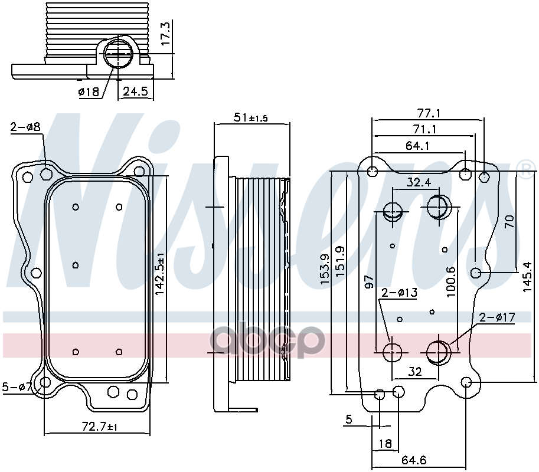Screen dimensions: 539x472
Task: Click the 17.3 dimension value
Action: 166,34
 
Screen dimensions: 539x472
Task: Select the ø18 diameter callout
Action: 89,91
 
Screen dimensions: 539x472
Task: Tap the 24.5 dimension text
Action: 135,91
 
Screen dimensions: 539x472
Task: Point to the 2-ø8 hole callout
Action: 25,127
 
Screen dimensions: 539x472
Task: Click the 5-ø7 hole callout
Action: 17,387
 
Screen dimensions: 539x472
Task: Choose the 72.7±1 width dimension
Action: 100,427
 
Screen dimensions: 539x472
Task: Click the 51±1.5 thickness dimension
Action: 250,118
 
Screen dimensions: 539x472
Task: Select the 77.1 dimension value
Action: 429,113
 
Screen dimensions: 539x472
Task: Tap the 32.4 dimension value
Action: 419,182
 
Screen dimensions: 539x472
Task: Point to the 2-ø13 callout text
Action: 400,293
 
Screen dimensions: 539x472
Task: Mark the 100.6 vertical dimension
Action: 452,282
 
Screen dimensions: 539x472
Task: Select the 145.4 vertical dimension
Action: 528,277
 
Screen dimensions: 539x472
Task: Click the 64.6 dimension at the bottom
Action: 414,460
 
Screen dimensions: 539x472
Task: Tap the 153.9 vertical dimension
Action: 325,269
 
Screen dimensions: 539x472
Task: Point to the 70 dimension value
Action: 509,221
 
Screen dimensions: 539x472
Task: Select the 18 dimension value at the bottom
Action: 385,444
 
